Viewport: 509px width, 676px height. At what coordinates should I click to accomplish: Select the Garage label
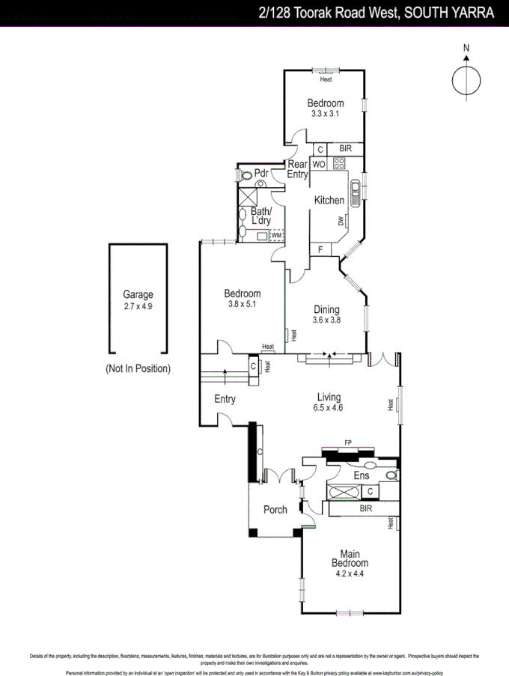point(138,295)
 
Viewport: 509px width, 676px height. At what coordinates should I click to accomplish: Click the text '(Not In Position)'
point(138,368)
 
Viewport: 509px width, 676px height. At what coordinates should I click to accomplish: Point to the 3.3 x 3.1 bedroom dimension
point(326,114)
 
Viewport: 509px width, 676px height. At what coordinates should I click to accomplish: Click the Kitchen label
point(329,200)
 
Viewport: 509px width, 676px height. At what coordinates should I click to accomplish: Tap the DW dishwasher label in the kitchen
point(341,220)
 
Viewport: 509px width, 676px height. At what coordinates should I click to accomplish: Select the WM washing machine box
point(276,236)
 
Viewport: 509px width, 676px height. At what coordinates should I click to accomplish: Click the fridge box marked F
point(320,249)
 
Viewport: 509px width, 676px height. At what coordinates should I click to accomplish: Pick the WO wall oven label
point(318,164)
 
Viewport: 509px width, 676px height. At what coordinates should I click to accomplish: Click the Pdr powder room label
point(261,174)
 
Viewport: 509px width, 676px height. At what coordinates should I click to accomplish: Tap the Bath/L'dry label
point(260,216)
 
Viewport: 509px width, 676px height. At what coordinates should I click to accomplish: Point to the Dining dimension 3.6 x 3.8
point(326,320)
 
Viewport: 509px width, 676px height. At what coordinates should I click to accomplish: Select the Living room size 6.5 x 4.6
point(329,408)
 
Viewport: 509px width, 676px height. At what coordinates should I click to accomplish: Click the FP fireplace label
point(347,443)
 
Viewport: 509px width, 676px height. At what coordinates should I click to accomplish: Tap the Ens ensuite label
point(361,475)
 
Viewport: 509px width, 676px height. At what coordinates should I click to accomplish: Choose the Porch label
point(275,510)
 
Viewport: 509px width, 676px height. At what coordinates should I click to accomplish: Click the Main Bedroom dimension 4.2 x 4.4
point(350,573)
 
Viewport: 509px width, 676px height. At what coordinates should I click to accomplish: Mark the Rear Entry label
point(298,169)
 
